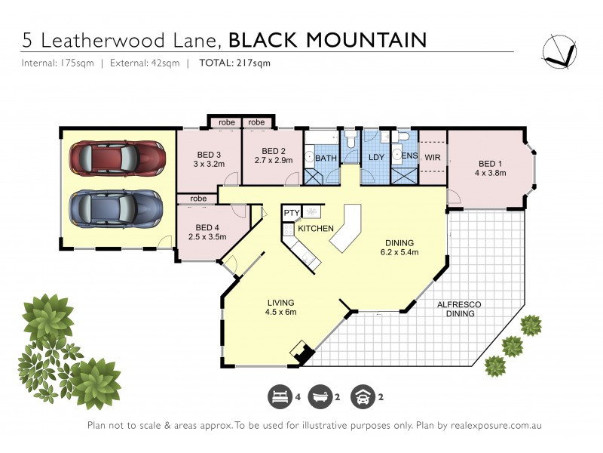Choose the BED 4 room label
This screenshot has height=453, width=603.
tap(208, 227)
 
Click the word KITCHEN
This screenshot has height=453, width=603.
tap(315, 228)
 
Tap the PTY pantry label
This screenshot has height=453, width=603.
tap(291, 214)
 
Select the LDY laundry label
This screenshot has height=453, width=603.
tap(376, 157)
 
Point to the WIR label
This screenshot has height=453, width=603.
tap(432, 158)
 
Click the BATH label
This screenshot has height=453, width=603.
tap(326, 158)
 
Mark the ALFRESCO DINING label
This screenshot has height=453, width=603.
tap(460, 308)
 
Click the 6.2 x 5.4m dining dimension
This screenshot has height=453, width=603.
tap(398, 252)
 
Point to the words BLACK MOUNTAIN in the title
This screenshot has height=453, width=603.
tap(327, 39)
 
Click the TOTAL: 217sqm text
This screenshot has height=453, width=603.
tap(234, 63)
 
